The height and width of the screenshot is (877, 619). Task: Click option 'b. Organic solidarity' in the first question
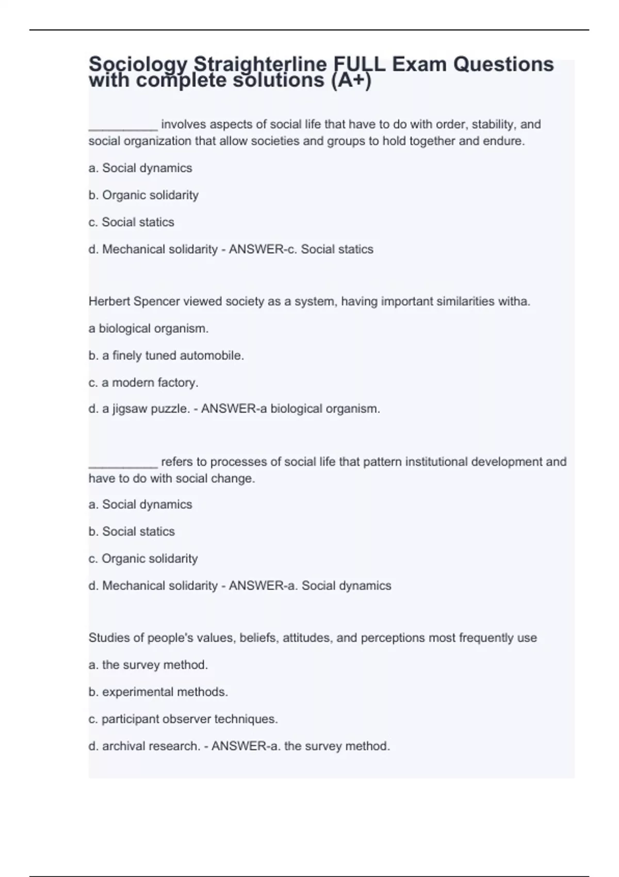tap(143, 195)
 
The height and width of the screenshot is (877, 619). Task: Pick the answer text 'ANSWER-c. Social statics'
tap(301, 249)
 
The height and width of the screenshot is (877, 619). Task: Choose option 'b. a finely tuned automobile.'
tap(166, 355)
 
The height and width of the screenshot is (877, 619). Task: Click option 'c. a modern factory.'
tap(143, 382)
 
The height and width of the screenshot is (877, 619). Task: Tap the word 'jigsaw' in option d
tap(129, 409)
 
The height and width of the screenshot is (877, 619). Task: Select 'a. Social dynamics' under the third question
tap(140, 504)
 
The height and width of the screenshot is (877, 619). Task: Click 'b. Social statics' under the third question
tap(132, 531)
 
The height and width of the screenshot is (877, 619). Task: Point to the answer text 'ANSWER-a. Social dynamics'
tap(310, 586)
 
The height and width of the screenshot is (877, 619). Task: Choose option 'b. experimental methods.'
tap(158, 692)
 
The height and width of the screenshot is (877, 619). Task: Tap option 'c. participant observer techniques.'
tap(183, 719)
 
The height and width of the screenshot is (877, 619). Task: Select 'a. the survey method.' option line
tap(148, 664)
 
